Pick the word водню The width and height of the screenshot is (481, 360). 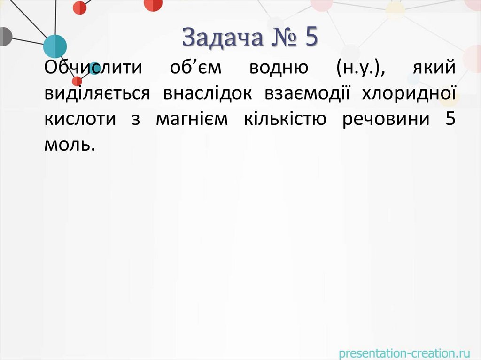pos(279,69)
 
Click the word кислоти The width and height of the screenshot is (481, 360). pos(80,119)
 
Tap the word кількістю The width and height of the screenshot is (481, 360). pos(285,119)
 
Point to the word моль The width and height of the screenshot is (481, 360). pos(70,145)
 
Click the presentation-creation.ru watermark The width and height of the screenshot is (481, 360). pos(404,351)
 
